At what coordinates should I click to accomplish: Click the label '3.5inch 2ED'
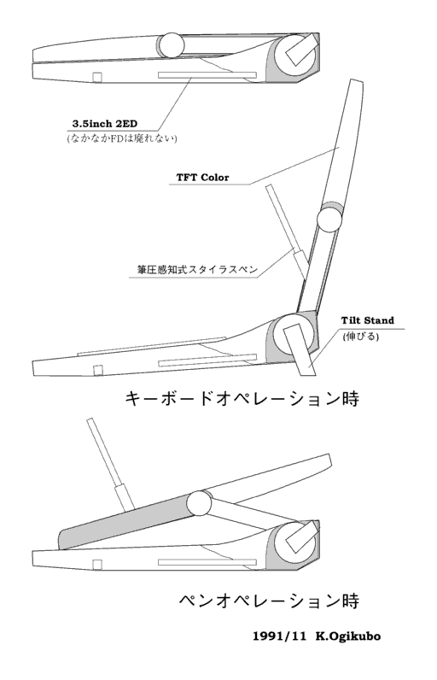[104, 124]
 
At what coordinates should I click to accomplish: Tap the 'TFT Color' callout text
[202, 178]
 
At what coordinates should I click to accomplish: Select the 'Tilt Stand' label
[367, 320]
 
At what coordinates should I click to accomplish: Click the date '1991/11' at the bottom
[279, 636]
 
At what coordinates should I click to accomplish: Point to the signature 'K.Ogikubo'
[348, 636]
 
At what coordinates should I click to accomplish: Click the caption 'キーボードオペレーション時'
[242, 399]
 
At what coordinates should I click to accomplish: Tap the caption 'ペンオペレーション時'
[269, 601]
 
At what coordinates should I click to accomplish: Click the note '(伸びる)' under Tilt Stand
[361, 336]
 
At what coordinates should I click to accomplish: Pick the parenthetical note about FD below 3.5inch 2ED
[122, 138]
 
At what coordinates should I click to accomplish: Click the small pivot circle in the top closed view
[172, 44]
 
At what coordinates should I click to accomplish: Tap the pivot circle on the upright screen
[329, 220]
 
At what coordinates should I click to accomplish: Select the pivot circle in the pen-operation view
[199, 503]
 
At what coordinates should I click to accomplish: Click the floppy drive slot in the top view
[207, 75]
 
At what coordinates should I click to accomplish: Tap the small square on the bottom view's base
[97, 564]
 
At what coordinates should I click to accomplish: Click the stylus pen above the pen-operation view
[111, 464]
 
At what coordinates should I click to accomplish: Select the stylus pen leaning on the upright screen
[288, 232]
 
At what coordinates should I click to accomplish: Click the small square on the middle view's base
[98, 370]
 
